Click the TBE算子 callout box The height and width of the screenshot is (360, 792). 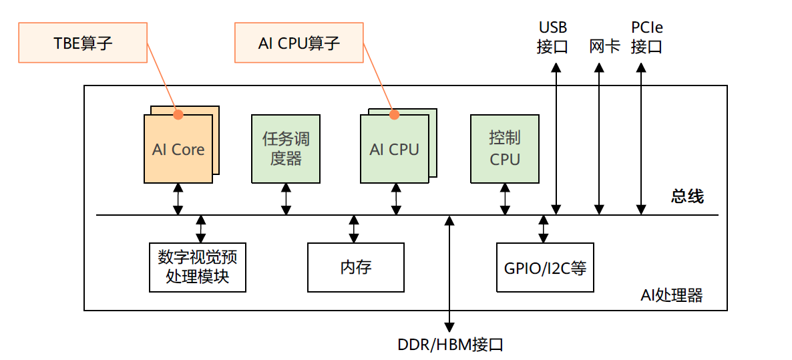[83, 43]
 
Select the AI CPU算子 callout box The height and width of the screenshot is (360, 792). [299, 43]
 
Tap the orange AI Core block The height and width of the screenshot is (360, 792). [178, 149]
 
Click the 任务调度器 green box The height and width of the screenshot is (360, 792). [286, 149]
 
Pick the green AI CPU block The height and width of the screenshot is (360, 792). [394, 149]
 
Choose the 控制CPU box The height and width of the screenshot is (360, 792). [504, 149]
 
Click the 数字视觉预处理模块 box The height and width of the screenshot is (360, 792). [197, 267]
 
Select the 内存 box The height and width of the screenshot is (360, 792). [355, 267]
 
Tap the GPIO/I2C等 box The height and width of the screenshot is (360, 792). [545, 267]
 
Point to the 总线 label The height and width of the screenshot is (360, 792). [687, 196]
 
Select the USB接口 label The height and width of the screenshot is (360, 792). [553, 37]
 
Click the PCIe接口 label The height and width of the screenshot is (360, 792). [646, 37]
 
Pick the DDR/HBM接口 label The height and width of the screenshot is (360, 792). [450, 345]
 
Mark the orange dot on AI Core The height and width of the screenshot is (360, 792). [178, 114]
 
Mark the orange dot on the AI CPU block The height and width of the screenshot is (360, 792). [394, 114]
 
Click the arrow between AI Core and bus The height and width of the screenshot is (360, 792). [178, 199]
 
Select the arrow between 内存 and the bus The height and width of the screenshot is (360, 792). [353, 229]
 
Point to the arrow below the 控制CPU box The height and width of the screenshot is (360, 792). [505, 199]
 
